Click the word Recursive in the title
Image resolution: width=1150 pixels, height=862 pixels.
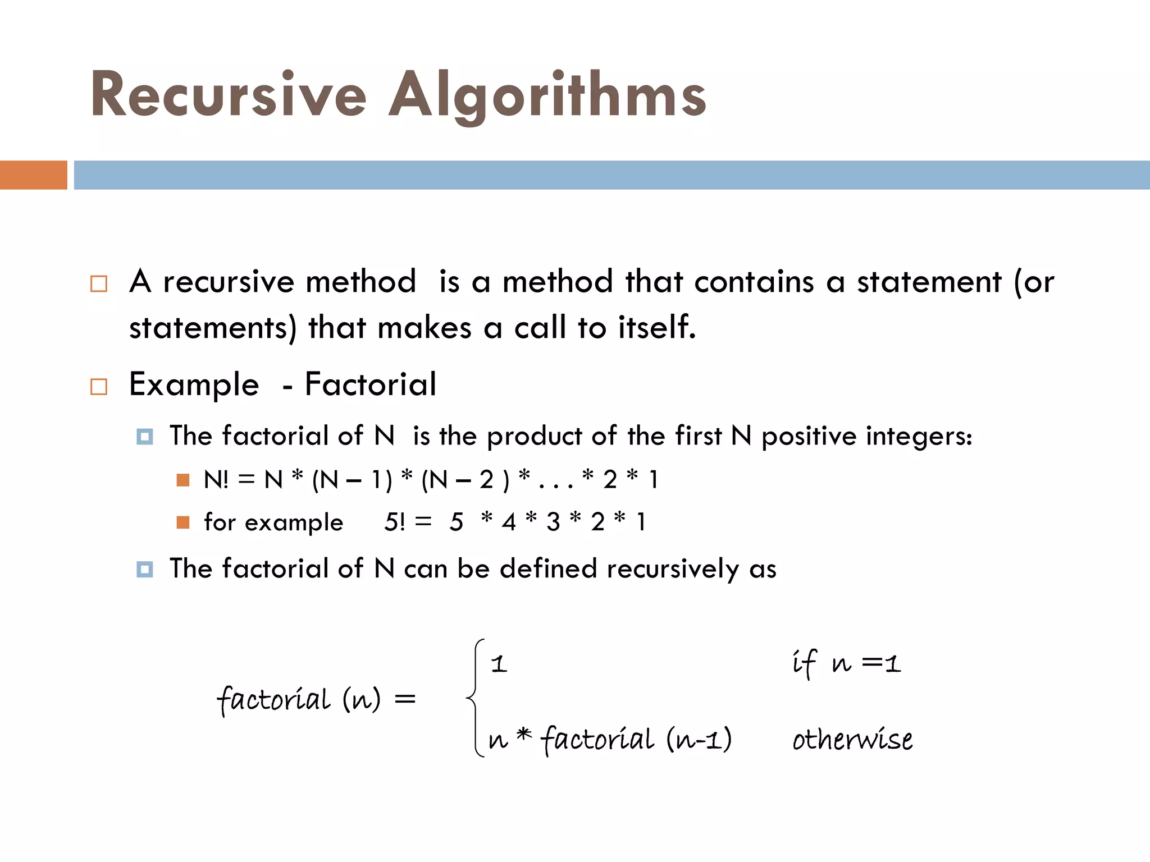click(x=228, y=95)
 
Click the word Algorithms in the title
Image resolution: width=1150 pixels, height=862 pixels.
click(x=547, y=95)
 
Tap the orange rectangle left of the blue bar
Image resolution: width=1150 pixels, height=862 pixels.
click(x=33, y=175)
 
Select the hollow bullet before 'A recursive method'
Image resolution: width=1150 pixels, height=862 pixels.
click(x=99, y=283)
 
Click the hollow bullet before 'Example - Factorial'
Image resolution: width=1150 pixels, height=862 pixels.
click(x=99, y=387)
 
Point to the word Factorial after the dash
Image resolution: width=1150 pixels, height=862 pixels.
click(x=370, y=385)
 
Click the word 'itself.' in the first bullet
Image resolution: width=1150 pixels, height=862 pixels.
click(x=657, y=327)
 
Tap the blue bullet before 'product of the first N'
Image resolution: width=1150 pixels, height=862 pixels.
click(x=145, y=437)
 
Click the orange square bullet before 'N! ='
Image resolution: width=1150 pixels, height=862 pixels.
click(x=182, y=480)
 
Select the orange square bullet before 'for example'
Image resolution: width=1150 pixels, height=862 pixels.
click(x=182, y=522)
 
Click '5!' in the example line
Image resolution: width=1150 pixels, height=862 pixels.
click(x=394, y=522)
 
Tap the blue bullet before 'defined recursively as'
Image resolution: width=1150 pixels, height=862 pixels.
click(x=145, y=570)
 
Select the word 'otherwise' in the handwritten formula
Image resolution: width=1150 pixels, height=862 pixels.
click(x=852, y=740)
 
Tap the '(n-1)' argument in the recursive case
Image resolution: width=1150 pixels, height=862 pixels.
click(x=699, y=740)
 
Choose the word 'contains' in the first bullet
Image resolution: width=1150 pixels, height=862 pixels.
click(x=754, y=282)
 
